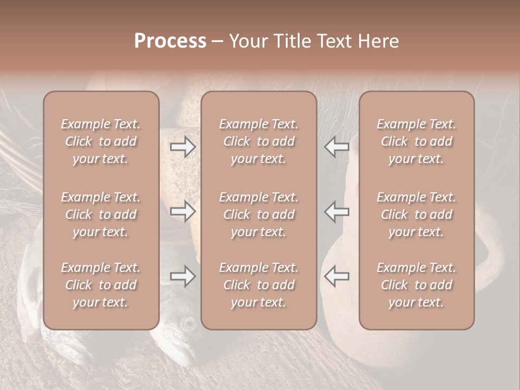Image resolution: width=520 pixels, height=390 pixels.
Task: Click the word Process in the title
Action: [170, 41]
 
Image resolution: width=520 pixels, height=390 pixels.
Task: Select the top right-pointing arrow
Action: [183, 147]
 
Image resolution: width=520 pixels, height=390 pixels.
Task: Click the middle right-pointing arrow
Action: [183, 212]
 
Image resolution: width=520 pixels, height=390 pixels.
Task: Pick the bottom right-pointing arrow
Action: [183, 277]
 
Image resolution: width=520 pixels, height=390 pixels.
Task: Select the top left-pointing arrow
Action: [336, 147]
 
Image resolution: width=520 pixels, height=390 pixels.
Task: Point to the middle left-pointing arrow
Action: [336, 212]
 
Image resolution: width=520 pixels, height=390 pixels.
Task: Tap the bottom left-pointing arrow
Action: [336, 277]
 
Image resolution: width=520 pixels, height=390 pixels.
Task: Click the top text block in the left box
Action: [101, 141]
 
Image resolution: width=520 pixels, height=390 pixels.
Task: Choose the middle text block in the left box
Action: [101, 214]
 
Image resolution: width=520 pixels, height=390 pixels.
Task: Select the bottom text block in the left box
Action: [101, 285]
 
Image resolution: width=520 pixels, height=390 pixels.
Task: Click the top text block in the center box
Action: [258, 141]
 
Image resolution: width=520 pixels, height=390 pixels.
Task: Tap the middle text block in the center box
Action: [258, 214]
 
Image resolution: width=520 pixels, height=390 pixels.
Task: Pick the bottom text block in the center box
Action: [258, 285]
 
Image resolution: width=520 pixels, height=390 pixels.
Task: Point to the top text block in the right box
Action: [416, 141]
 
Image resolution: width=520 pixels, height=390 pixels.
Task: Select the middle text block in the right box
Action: [416, 214]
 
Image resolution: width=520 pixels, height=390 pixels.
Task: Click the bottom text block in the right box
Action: [416, 285]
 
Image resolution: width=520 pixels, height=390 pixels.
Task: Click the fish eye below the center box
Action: [188, 324]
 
